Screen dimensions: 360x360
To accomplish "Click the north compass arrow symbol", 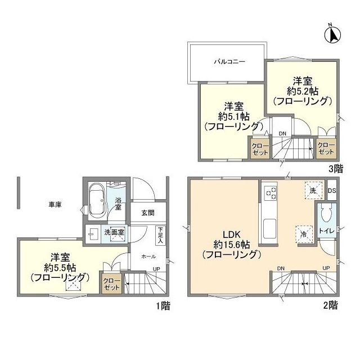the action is pos(332,34).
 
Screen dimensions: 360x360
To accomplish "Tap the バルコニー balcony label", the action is pos(229,61).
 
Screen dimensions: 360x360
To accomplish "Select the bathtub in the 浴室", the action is pos(98,201).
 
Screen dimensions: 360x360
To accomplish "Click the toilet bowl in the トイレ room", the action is pos(327,214).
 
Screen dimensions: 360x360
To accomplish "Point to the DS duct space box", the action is pos(332,190).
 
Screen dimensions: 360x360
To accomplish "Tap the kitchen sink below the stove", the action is pos(269,229).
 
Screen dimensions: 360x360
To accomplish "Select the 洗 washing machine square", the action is pos(313,190).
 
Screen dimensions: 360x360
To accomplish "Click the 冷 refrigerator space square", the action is pos(304,235).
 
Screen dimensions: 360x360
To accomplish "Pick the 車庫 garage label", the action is pos(55,205).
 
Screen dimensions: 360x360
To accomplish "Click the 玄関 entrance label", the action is pos(148,213).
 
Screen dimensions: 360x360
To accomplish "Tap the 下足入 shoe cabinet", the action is pos(160,235).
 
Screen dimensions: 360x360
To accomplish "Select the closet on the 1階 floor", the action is pos(111,284).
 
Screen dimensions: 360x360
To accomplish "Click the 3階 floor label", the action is pos(336,169).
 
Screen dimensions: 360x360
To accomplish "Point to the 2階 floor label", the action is pos(331,305).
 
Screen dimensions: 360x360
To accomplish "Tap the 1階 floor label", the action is pos(163,306).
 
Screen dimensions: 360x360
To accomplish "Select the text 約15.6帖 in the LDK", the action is pos(232,245).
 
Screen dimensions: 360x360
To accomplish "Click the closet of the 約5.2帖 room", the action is pos(326,148).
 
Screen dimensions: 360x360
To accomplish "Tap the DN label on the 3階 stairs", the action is pos(282,134).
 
